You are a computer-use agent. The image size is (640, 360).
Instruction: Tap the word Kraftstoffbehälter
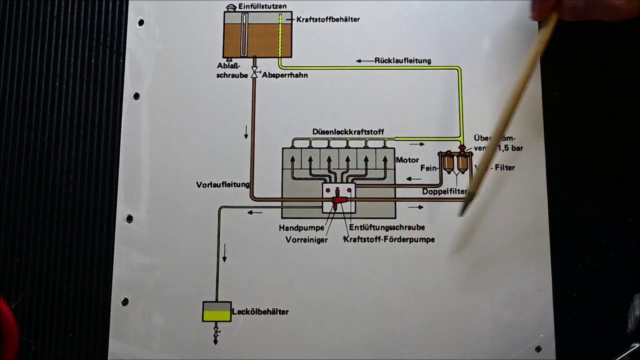327,19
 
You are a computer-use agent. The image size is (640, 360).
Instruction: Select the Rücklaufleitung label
402,60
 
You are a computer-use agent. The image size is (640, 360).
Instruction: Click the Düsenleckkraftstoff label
348,132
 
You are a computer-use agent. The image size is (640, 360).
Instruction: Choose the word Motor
407,160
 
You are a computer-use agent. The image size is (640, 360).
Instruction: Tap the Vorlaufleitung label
222,184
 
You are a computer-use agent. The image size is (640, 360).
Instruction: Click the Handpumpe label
301,227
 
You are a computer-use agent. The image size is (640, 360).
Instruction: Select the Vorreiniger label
306,239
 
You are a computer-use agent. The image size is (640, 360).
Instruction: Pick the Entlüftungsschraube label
387,227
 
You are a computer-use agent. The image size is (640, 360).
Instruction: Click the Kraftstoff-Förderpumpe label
389,239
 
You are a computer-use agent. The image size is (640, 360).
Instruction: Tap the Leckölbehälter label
260,312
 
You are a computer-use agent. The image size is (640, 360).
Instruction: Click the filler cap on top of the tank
231,7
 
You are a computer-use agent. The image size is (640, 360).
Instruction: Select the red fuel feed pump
339,201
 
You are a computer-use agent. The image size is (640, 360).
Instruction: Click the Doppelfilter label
444,191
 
